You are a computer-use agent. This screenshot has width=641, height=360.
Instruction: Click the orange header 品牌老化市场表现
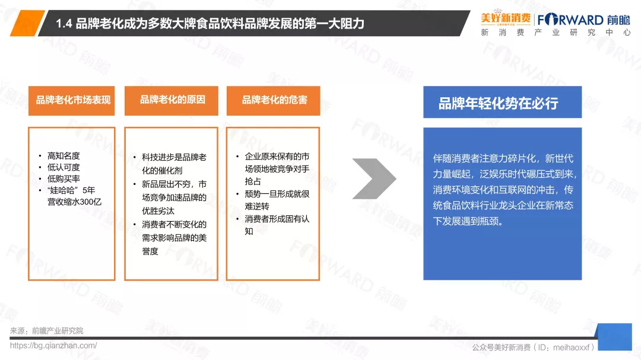pos(72,100)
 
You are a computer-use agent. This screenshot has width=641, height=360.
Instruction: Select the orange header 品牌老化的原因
pos(172,100)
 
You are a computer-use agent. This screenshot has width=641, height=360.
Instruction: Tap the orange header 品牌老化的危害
pos(274,100)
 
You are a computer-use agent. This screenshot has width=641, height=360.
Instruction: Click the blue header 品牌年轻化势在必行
pos(503,102)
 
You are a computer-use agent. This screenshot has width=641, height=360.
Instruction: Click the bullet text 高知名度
pos(64,156)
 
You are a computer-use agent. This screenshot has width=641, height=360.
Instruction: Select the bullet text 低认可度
pos(64,167)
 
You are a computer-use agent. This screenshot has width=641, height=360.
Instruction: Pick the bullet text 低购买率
pos(64,179)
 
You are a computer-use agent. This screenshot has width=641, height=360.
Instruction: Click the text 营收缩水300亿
pos(74,202)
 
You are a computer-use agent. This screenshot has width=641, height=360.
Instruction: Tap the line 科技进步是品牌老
pos(174,157)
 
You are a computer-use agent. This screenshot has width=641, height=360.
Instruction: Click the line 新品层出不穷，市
pos(174,184)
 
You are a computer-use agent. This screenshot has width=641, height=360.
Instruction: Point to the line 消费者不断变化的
pos(174,224)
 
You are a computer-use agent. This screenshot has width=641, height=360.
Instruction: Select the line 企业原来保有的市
pos(277,157)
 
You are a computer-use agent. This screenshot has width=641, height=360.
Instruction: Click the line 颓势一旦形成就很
pos(277,194)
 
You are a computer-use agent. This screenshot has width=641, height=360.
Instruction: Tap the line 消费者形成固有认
pos(277,219)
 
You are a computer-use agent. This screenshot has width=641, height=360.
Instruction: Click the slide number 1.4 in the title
pos(64,24)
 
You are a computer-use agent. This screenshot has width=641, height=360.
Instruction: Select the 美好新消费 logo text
pos(506,18)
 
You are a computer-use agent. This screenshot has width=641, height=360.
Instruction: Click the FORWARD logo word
pos(570,20)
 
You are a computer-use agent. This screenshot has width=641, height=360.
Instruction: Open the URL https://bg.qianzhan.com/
pos(53,346)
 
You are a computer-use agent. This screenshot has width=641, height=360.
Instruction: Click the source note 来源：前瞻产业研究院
pos(47,330)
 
